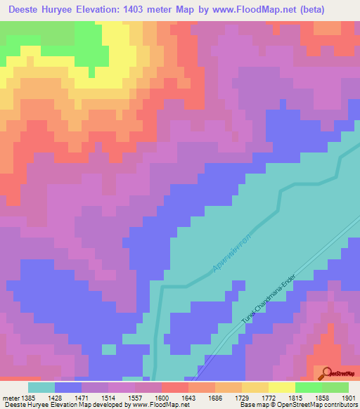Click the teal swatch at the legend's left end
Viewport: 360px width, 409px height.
41,387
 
